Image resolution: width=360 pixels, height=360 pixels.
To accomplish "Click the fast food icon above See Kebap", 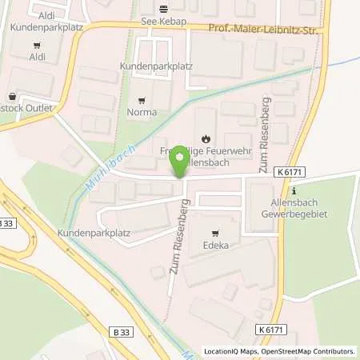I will pos(164,10).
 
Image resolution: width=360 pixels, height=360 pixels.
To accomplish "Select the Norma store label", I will pos(142,113).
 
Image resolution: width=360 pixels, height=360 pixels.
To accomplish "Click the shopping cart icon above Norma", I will pos(142,101).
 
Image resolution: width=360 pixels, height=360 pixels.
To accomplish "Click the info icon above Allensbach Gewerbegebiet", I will pos(294,190).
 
